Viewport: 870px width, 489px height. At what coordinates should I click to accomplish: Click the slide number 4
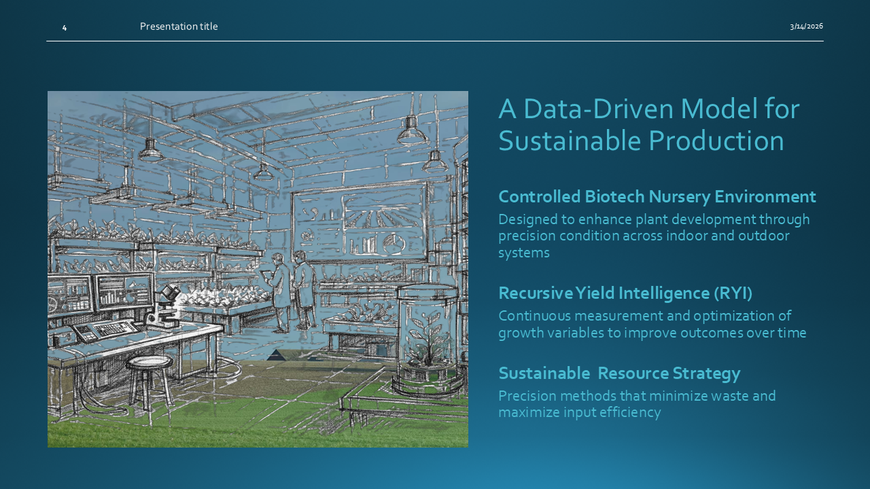click(x=65, y=28)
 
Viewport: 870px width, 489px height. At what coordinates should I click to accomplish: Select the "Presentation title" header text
click(x=179, y=26)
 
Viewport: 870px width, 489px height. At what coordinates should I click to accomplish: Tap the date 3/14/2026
click(x=806, y=26)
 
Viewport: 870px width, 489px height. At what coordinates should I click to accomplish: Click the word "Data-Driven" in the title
click(x=598, y=109)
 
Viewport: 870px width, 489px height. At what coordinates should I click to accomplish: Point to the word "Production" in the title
click(x=716, y=141)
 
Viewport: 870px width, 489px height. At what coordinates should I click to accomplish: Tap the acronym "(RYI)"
click(x=733, y=293)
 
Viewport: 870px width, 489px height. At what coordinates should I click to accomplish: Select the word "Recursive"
click(x=535, y=293)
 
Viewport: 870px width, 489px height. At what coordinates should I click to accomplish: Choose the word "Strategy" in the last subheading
click(x=706, y=374)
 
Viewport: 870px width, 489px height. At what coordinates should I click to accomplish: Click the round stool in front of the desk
click(x=150, y=382)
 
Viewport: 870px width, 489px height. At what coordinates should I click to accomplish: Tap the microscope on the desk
click(x=163, y=306)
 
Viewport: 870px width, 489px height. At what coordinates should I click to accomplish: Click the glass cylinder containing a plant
click(x=428, y=338)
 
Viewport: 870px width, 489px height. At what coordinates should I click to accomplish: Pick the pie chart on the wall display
click(x=394, y=243)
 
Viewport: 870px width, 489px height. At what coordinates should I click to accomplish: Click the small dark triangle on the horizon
click(x=276, y=355)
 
